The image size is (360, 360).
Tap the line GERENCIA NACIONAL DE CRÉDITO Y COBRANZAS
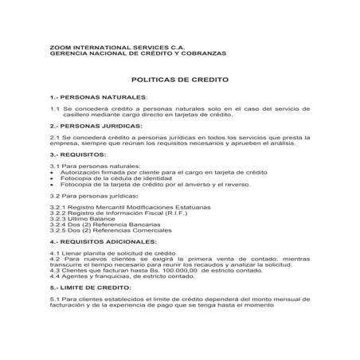pos(138,53)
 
